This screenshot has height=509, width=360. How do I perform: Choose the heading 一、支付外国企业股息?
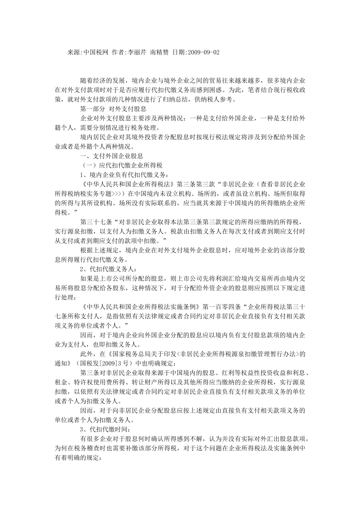(111, 156)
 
